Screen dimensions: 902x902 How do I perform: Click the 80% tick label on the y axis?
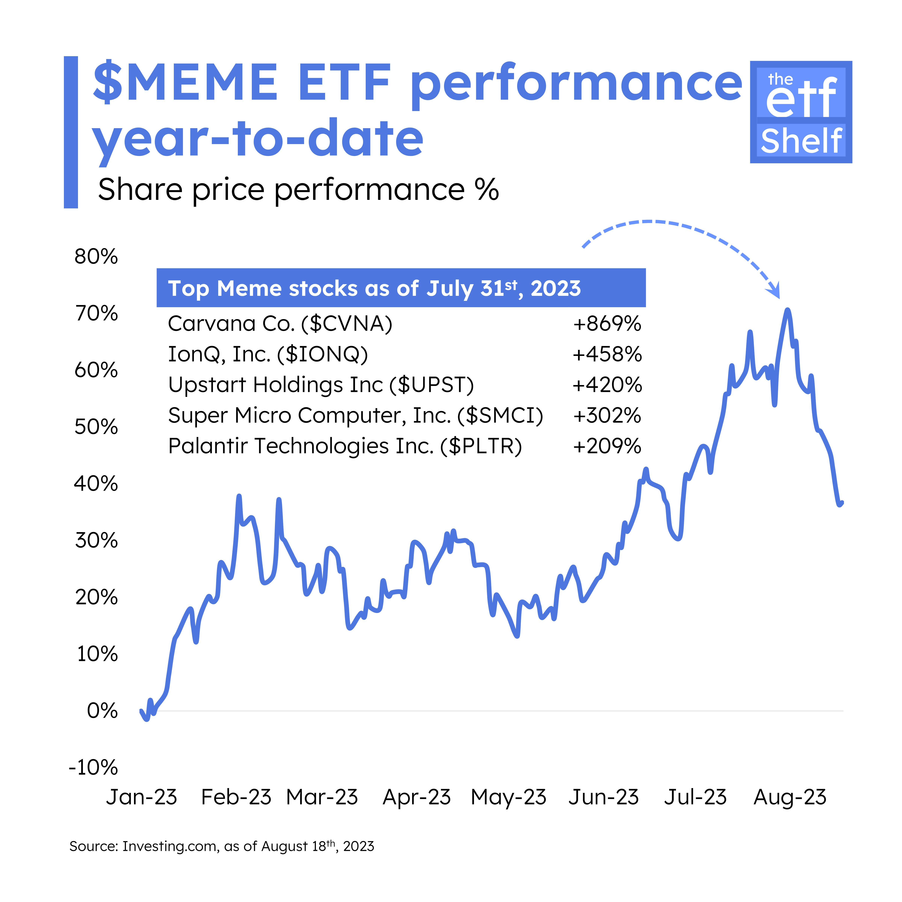coord(96,257)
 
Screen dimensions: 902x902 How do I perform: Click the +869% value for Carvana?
coord(607,324)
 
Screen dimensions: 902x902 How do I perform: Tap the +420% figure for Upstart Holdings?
coord(607,385)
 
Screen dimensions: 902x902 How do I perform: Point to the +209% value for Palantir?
coord(607,446)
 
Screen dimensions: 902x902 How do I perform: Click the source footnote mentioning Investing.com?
coord(222,846)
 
